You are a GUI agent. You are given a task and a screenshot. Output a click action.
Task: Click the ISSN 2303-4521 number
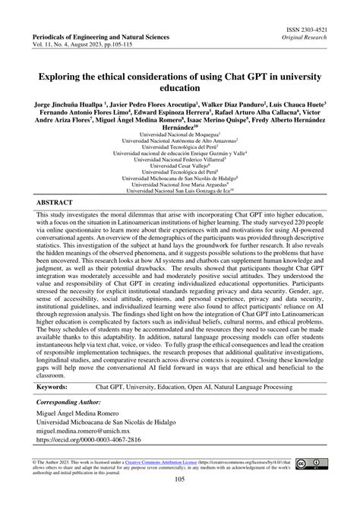coord(313,27)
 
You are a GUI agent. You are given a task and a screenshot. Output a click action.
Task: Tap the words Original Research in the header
coord(315,36)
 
